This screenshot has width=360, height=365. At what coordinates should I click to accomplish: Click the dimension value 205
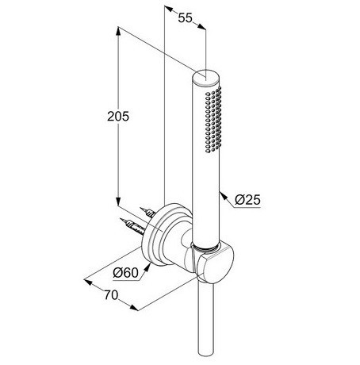tap(118, 117)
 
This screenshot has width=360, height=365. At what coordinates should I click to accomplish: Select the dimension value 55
tap(185, 18)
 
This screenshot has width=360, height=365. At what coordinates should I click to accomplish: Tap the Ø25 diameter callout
tap(247, 200)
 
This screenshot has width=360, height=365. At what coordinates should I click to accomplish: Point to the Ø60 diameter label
tap(126, 272)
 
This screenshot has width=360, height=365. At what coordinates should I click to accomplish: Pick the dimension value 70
tap(111, 295)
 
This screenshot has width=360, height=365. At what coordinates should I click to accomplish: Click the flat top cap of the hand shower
tap(206, 76)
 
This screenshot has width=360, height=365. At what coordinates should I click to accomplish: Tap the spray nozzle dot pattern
tap(213, 119)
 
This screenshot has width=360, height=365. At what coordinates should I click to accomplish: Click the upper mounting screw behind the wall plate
tap(147, 213)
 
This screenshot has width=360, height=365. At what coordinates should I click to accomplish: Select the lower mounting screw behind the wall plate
tap(132, 226)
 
